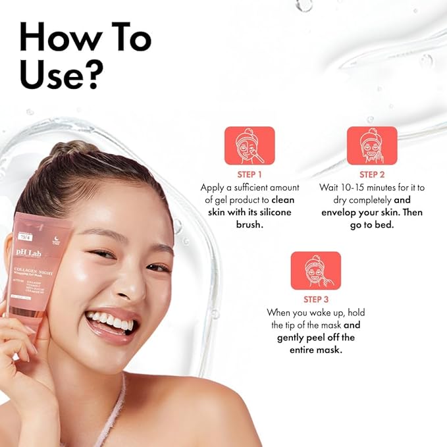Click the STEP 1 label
click(250, 174)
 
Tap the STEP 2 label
click(372, 174)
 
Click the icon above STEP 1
click(250, 145)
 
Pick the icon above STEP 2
click(372, 145)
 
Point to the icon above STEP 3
click(315, 270)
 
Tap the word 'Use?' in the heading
click(61, 76)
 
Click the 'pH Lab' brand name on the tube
click(27, 252)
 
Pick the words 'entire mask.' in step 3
click(315, 350)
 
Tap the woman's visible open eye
click(158, 268)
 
